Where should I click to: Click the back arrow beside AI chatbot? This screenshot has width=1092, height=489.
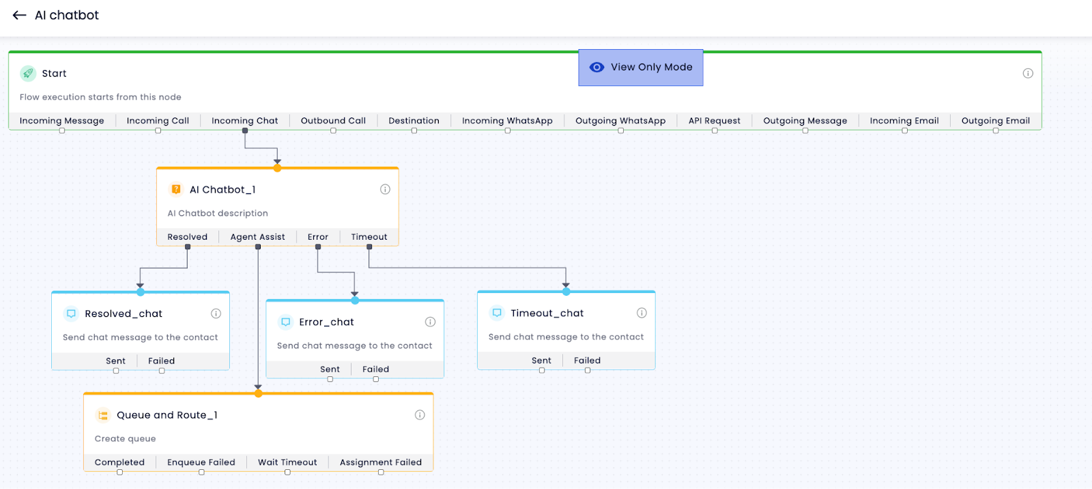tap(20, 15)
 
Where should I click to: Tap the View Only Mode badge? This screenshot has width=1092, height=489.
tap(641, 68)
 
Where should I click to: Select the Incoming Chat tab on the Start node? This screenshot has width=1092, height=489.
tap(245, 120)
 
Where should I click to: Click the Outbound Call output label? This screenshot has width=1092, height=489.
tap(333, 120)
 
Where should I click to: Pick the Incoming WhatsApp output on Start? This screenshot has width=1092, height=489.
tap(507, 120)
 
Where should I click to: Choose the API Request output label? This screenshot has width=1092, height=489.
tap(714, 120)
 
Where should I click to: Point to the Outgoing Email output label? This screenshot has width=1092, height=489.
tap(996, 120)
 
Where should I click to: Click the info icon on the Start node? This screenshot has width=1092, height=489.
tap(1028, 73)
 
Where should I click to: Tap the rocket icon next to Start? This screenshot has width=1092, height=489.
tap(28, 73)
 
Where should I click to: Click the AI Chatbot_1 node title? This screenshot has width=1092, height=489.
tap(222, 189)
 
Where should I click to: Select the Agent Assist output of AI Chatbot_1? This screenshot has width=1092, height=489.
tap(257, 237)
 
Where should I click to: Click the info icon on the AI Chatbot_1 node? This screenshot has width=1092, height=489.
tap(385, 189)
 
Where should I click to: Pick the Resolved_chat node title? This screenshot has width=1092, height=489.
tap(124, 313)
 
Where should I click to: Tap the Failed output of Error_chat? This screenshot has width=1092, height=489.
tap(375, 369)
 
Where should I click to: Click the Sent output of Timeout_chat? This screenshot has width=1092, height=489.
tap(541, 360)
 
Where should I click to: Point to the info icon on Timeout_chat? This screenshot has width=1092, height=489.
tap(642, 313)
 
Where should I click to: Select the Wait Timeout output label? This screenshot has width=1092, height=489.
tap(287, 462)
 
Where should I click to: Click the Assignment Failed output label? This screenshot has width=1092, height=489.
tap(381, 462)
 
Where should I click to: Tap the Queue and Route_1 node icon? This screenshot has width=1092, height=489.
tap(103, 415)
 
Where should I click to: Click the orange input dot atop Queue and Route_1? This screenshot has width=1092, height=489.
tap(259, 393)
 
